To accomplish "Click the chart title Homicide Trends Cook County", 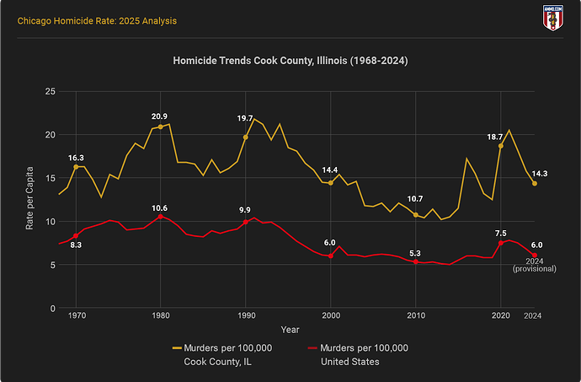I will tap(290, 62).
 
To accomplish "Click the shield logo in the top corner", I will tap(553, 16).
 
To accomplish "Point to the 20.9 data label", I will tap(160, 116).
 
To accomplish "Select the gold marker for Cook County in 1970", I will tap(76, 167).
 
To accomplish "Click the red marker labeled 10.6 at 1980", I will tap(160, 217).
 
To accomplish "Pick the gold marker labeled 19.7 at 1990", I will tap(246, 137).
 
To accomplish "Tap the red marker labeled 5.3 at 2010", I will tap(415, 262).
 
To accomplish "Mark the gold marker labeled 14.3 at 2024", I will tap(534, 184).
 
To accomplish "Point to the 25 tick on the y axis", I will tap(50, 91).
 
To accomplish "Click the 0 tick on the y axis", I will tap(52, 309).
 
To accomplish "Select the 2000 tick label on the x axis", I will tap(330, 315).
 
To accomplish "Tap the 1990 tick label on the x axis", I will tap(245, 315).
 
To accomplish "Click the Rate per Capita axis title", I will tap(30, 200).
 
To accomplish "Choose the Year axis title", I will tap(290, 329).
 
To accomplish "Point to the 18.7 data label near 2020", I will tap(494, 136).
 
